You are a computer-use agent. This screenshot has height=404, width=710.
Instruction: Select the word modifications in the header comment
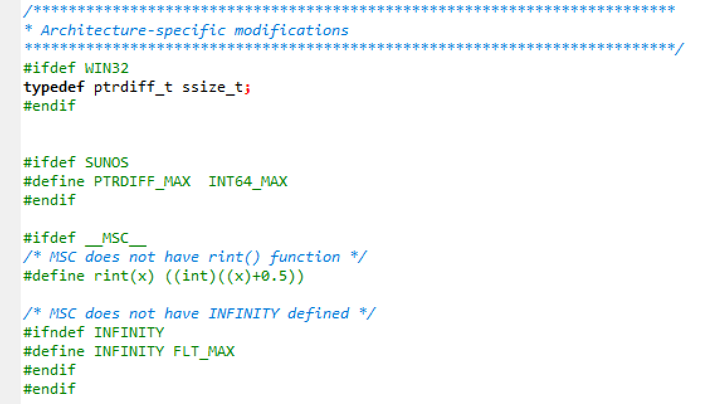291,30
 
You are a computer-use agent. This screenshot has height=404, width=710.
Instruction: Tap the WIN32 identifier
107,68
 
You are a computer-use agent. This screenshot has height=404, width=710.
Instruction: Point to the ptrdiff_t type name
133,87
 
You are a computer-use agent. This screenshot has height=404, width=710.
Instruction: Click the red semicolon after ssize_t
247,88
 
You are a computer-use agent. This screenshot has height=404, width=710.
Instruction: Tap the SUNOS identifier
107,162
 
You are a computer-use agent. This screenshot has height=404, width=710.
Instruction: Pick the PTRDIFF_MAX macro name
137,181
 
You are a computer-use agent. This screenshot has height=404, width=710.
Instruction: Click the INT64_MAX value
248,181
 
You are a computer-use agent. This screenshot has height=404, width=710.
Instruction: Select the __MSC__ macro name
116,238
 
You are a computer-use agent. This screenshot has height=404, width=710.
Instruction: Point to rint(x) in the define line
124,276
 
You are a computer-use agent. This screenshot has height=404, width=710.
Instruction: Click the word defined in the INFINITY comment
318,313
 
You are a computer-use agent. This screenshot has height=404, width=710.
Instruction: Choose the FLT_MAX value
204,351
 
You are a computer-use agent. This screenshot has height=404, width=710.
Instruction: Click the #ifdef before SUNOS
50,162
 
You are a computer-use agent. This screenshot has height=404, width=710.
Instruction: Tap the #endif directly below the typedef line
50,106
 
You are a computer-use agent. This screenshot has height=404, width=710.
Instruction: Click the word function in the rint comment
305,257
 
